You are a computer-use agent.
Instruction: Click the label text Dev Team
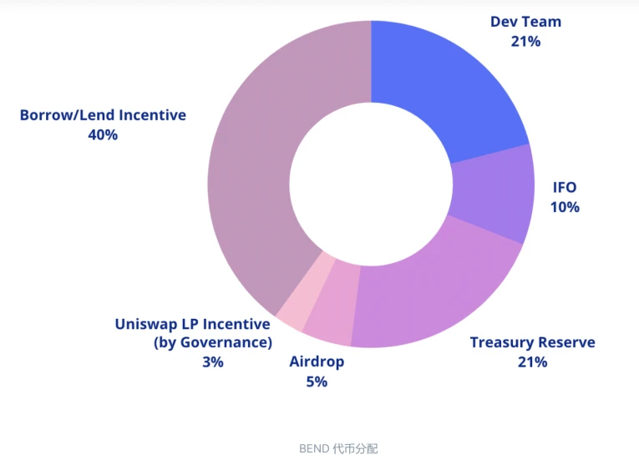coord(525,22)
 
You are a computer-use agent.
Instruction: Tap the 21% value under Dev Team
coord(525,41)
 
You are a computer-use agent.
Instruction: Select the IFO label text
coord(565,187)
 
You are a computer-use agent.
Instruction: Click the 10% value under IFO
coord(565,207)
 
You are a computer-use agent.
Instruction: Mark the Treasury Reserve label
coord(532,342)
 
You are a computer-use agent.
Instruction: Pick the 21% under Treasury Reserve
coord(532,362)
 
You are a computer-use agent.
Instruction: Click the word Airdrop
coord(317,362)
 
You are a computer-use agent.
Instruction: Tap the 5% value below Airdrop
coord(317,382)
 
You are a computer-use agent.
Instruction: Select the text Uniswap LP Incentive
coord(192,324)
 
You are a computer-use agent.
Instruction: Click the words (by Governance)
coord(212,342)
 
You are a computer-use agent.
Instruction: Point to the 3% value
coord(212,362)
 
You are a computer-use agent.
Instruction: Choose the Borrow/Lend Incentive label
coord(103,115)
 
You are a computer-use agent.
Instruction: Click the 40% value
coord(103,134)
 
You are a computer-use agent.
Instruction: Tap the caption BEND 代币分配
coord(338,448)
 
